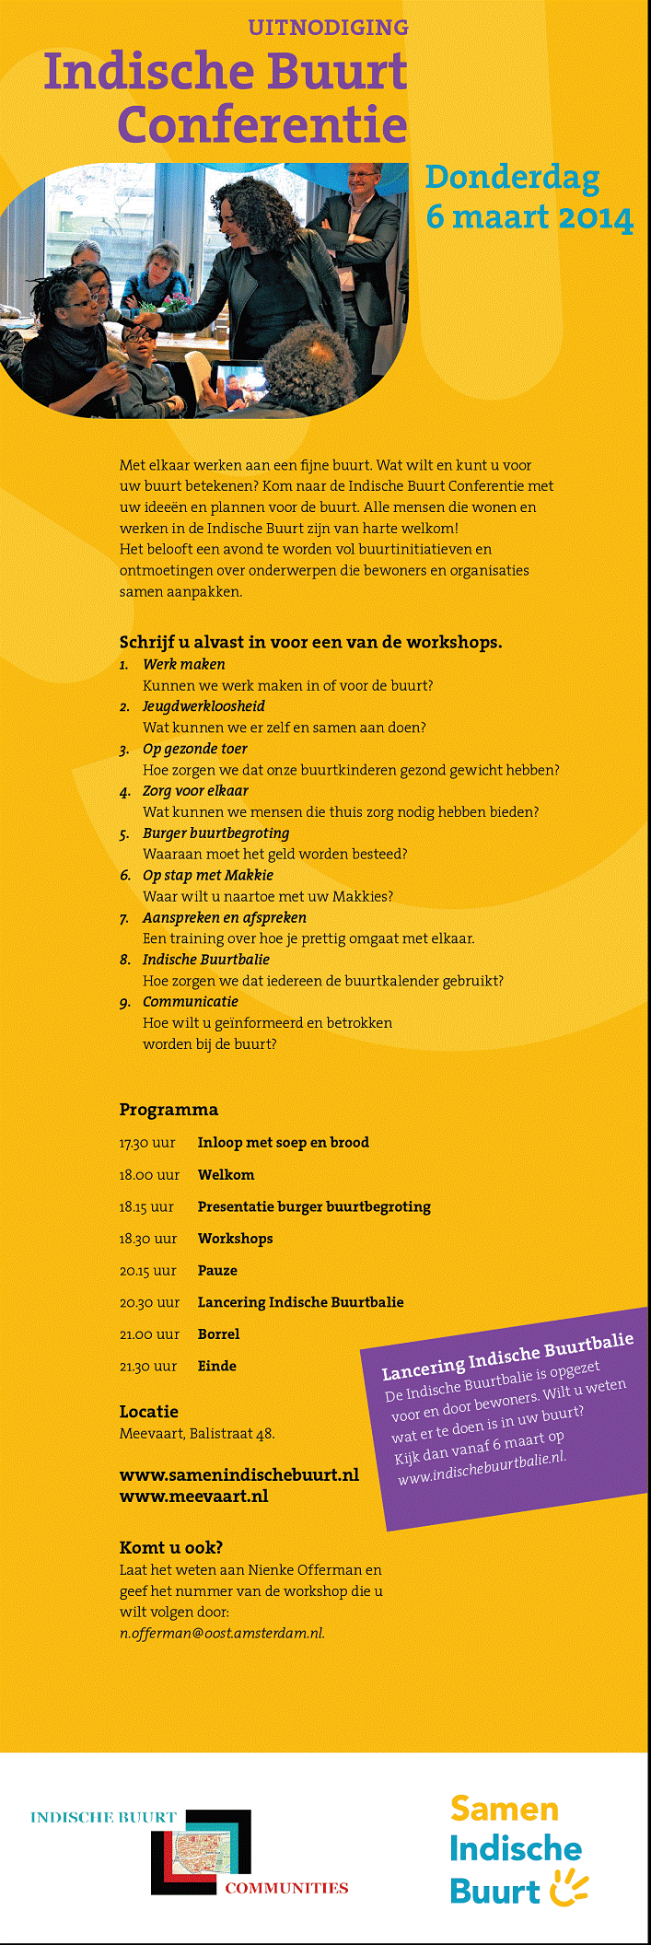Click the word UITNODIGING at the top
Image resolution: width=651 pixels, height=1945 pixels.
click(x=328, y=28)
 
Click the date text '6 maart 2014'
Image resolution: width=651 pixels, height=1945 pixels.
click(x=529, y=218)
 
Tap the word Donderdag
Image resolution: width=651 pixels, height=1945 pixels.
click(x=512, y=178)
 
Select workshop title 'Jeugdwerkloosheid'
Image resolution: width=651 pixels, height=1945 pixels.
click(x=203, y=706)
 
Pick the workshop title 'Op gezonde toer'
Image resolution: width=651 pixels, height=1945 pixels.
click(x=194, y=749)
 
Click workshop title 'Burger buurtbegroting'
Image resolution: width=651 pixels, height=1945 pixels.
click(x=215, y=833)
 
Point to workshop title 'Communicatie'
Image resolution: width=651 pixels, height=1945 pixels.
click(x=190, y=1002)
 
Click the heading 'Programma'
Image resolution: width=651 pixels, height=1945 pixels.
click(x=169, y=1110)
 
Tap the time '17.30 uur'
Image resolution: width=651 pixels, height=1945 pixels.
click(x=147, y=1143)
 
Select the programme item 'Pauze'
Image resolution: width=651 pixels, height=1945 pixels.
click(x=217, y=1271)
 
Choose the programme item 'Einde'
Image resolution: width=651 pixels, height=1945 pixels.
click(x=217, y=1367)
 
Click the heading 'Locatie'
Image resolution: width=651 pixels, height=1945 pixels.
click(x=148, y=1412)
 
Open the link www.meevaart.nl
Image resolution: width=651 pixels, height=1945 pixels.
click(x=193, y=1497)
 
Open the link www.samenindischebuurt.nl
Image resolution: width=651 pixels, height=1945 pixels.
click(x=238, y=1475)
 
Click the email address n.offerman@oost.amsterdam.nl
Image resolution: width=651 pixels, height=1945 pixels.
click(x=222, y=1633)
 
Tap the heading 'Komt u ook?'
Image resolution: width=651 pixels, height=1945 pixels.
click(x=170, y=1548)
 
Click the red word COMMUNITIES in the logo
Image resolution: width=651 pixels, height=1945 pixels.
click(x=286, y=1888)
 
